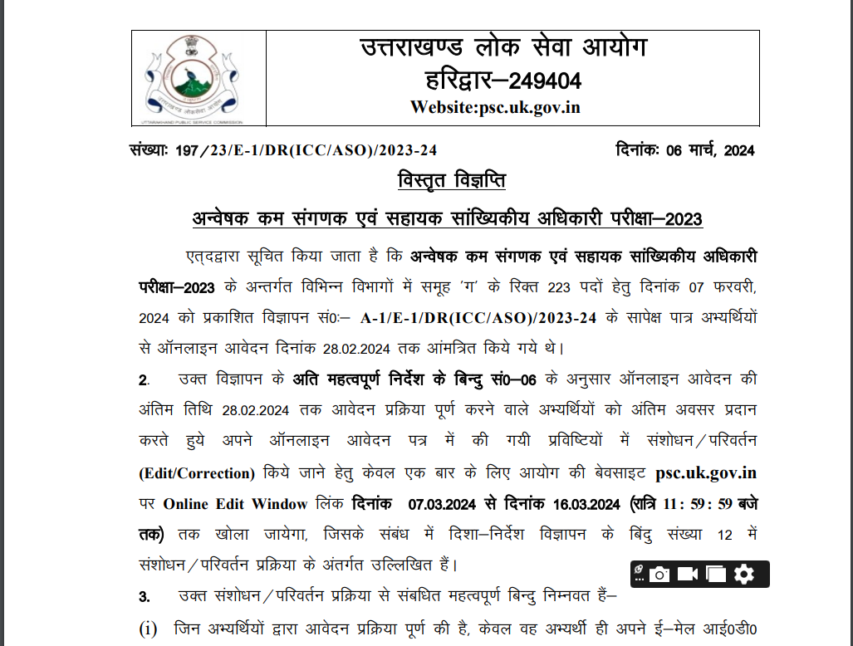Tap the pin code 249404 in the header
click(x=544, y=81)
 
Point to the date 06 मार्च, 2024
click(x=709, y=150)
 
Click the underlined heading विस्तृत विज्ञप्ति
click(x=451, y=181)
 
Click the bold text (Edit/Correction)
click(x=197, y=473)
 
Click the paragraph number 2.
click(x=143, y=381)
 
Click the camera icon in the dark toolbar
click(x=659, y=574)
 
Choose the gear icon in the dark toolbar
click(x=744, y=574)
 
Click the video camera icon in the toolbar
click(x=688, y=574)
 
